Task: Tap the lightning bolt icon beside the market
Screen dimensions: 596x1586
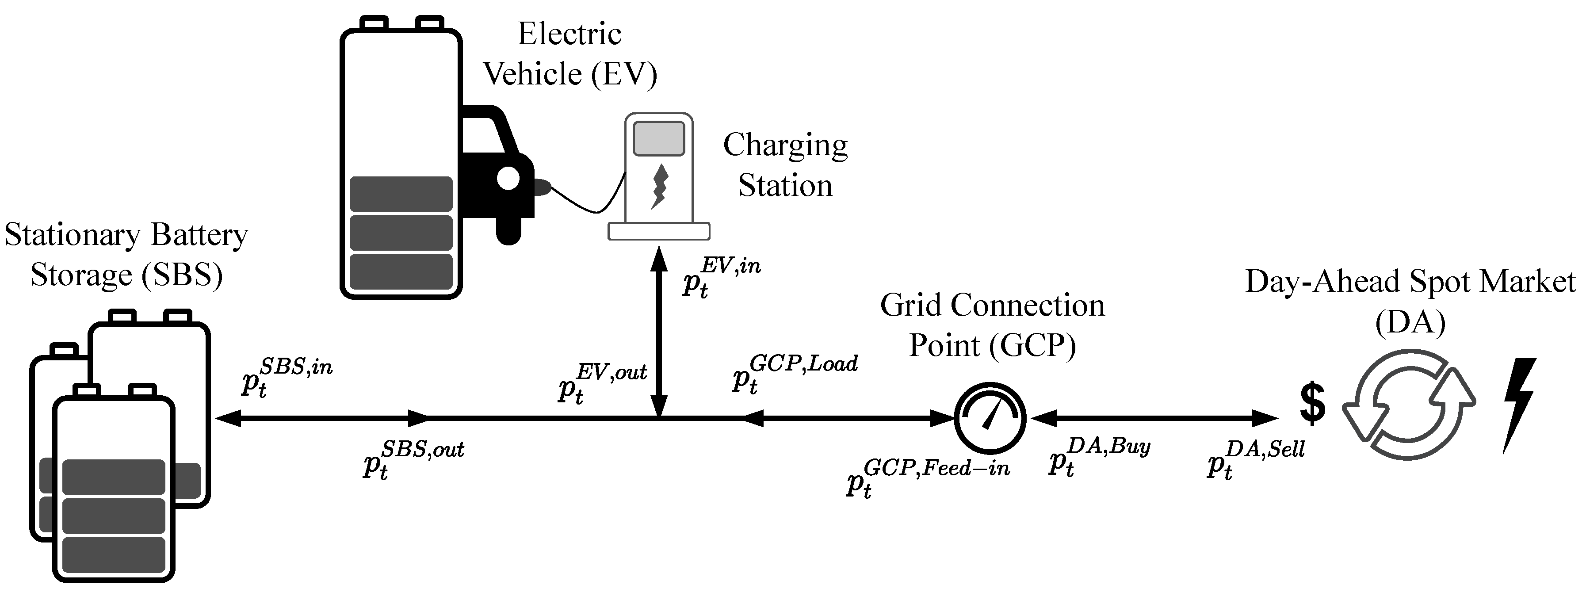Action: (1519, 406)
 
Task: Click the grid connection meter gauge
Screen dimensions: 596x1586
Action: (990, 418)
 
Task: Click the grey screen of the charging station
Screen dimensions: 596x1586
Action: (659, 138)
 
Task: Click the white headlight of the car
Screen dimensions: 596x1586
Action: (508, 179)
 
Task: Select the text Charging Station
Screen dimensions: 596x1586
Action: (785, 165)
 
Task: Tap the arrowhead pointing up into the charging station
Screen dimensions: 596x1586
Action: (659, 257)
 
